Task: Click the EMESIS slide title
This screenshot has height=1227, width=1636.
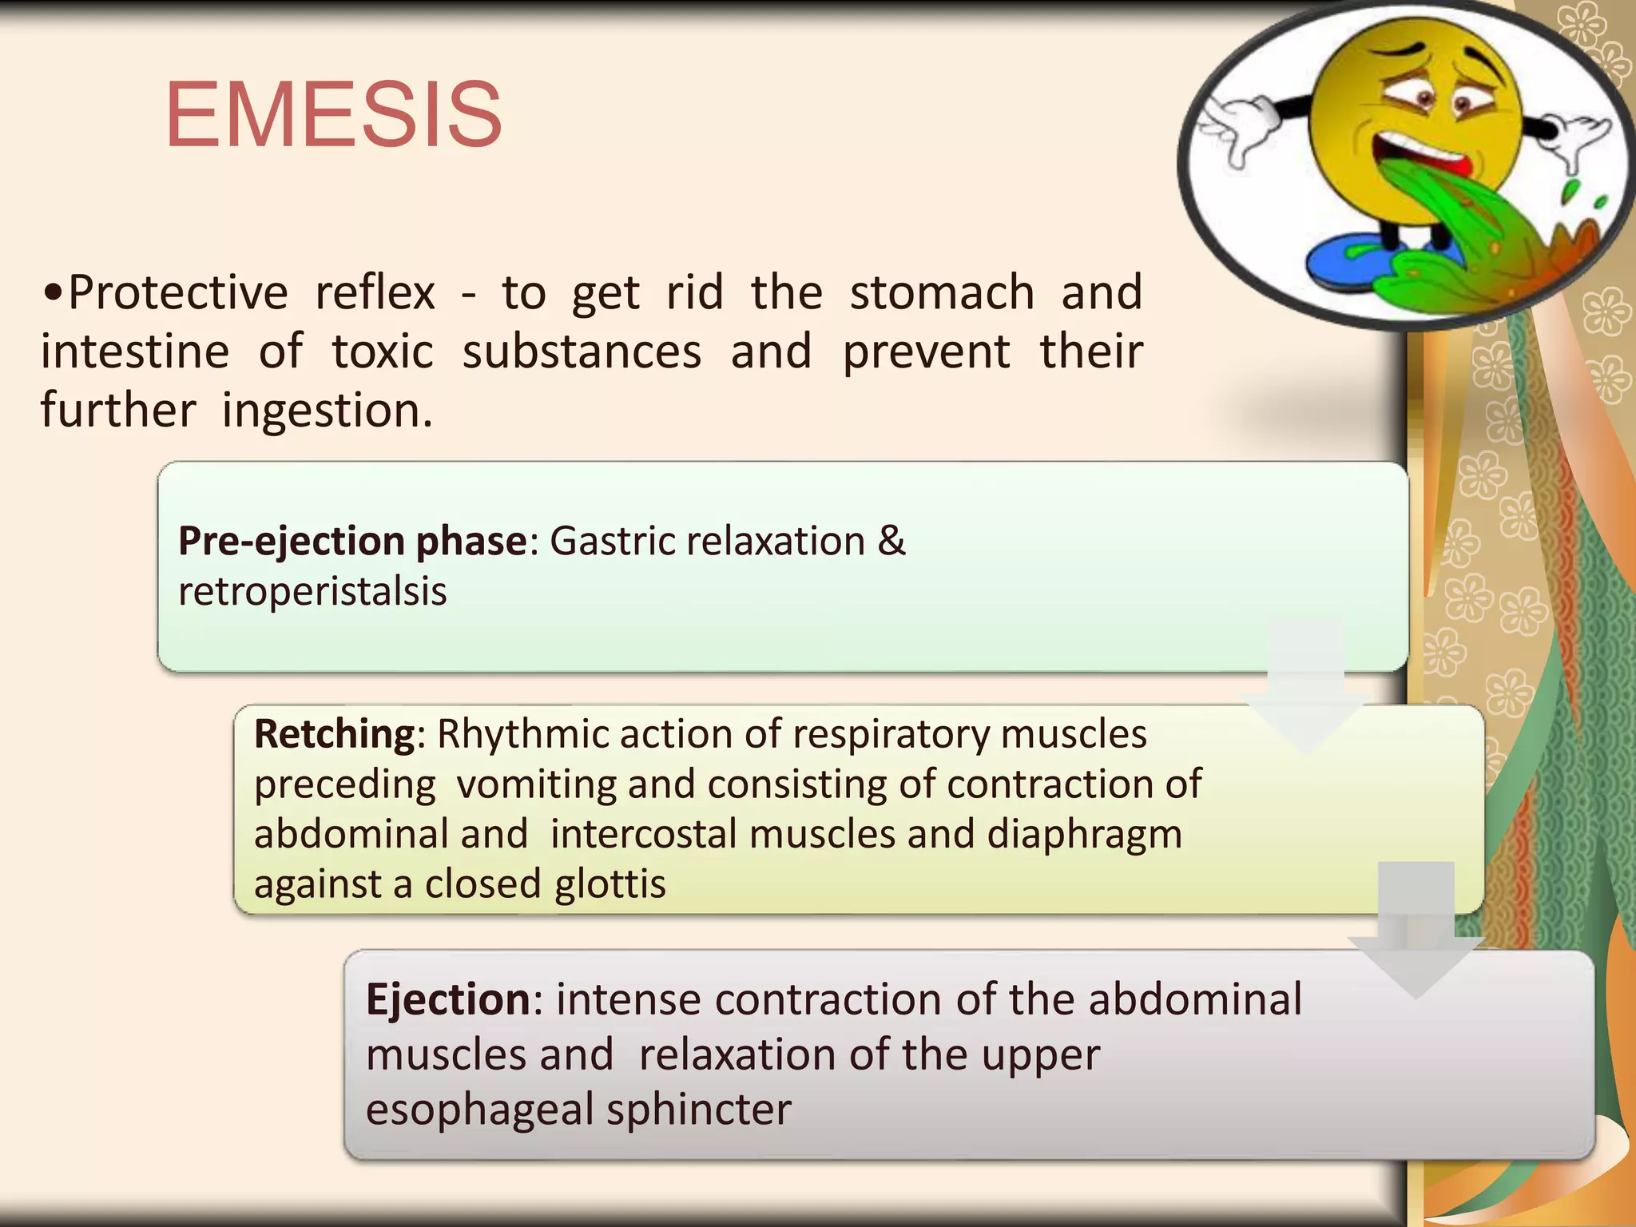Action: click(x=334, y=115)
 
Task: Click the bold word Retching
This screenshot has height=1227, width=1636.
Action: click(x=335, y=733)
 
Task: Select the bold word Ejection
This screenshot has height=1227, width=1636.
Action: click(x=448, y=999)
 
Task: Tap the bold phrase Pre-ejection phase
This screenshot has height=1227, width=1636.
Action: click(x=352, y=542)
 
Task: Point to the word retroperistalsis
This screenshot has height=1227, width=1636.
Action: click(x=312, y=592)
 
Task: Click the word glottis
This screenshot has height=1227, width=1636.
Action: click(x=610, y=884)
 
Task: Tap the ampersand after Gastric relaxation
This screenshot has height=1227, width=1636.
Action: click(x=891, y=541)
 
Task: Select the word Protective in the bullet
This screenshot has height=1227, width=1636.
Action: click(x=177, y=292)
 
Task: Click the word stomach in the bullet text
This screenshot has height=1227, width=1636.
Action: click(x=942, y=292)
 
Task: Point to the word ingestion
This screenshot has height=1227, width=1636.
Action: click(x=327, y=411)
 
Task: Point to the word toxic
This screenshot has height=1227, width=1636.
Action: click(x=383, y=351)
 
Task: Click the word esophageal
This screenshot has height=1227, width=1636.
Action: click(x=478, y=1110)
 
